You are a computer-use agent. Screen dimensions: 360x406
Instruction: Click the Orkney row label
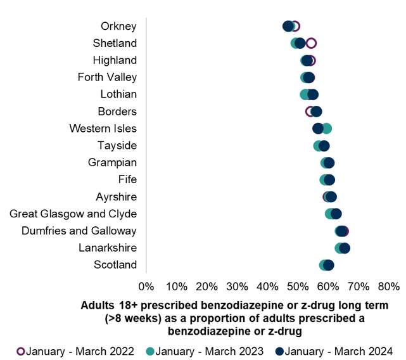coord(118,26)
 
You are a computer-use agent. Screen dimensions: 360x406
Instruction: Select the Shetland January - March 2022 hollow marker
coord(311,43)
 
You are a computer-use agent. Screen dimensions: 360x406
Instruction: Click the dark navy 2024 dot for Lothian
coord(312,94)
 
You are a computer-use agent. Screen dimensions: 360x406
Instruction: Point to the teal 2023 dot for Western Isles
coord(326,128)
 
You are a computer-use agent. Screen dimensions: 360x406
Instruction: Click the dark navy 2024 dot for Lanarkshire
coord(345,248)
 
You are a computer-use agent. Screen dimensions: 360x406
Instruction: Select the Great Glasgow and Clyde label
coord(73,214)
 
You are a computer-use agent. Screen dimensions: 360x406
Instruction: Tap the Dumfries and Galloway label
coord(79,231)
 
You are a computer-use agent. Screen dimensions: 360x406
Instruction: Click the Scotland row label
coord(115,265)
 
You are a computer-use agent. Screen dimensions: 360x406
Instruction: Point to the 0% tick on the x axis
coord(146,286)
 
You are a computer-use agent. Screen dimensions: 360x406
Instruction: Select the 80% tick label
coord(389,286)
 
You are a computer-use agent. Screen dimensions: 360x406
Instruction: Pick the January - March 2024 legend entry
coord(334,350)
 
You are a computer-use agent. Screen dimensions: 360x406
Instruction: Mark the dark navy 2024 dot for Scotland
coord(328,265)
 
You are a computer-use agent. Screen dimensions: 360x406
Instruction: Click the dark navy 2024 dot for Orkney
coord(288,26)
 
